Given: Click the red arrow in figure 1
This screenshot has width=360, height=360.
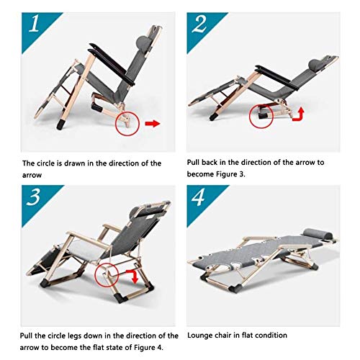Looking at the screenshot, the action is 153,124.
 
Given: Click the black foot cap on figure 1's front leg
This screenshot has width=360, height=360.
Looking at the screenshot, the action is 61,125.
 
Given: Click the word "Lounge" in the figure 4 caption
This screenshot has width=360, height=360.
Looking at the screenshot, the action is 199,336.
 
